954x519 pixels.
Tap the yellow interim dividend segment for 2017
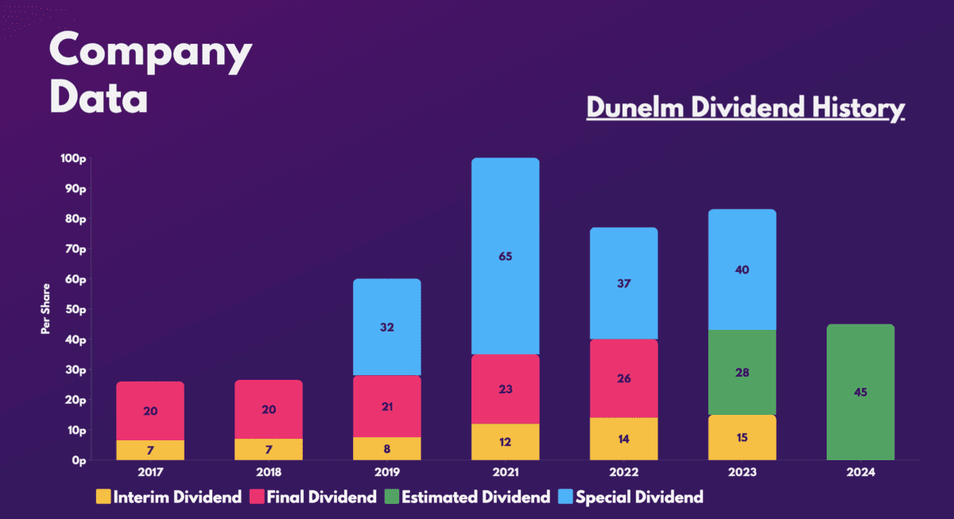[150, 451]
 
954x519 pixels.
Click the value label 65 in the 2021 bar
[505, 256]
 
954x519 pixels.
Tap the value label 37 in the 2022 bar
[623, 283]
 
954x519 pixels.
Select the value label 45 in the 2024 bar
[860, 392]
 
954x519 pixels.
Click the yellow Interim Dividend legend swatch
[103, 498]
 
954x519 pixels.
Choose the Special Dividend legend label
[639, 498]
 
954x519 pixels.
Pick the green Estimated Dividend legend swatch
[391, 498]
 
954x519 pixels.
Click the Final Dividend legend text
[322, 498]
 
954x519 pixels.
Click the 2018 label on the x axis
[268, 472]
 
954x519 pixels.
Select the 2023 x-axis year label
[742, 472]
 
